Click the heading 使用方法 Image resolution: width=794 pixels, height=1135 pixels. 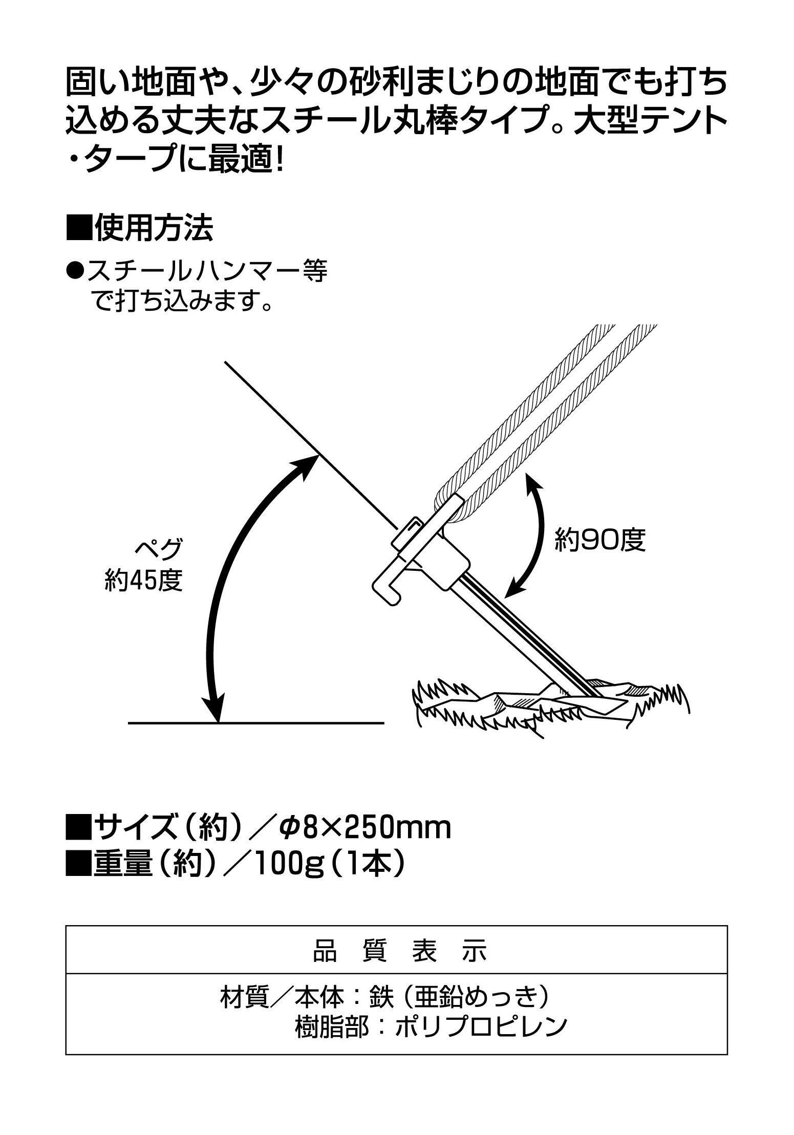coord(153,229)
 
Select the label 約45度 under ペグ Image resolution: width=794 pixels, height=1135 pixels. coord(144,580)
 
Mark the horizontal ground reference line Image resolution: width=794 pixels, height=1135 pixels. coord(255,722)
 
